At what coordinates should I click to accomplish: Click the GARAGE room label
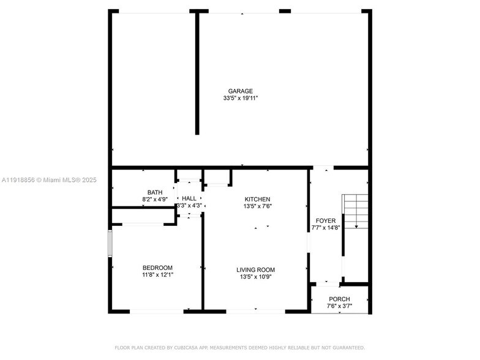click(241, 91)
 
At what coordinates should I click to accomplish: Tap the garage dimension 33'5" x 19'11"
click(241, 98)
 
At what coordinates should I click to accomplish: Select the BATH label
click(155, 192)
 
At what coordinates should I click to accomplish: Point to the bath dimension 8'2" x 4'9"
click(155, 199)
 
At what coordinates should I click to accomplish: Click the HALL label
click(189, 198)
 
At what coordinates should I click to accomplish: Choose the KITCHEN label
click(257, 200)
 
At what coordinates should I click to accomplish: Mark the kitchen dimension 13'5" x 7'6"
click(257, 206)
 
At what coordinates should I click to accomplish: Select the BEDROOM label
click(157, 268)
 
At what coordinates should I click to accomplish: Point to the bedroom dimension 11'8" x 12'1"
click(157, 275)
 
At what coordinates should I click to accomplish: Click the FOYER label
click(325, 220)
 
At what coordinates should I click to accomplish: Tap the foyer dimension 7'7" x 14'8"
click(325, 227)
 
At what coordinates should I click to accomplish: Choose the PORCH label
click(339, 299)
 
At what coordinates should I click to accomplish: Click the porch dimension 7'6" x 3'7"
click(339, 306)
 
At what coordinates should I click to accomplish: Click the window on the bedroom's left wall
click(110, 243)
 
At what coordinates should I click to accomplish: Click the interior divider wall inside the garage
click(197, 73)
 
